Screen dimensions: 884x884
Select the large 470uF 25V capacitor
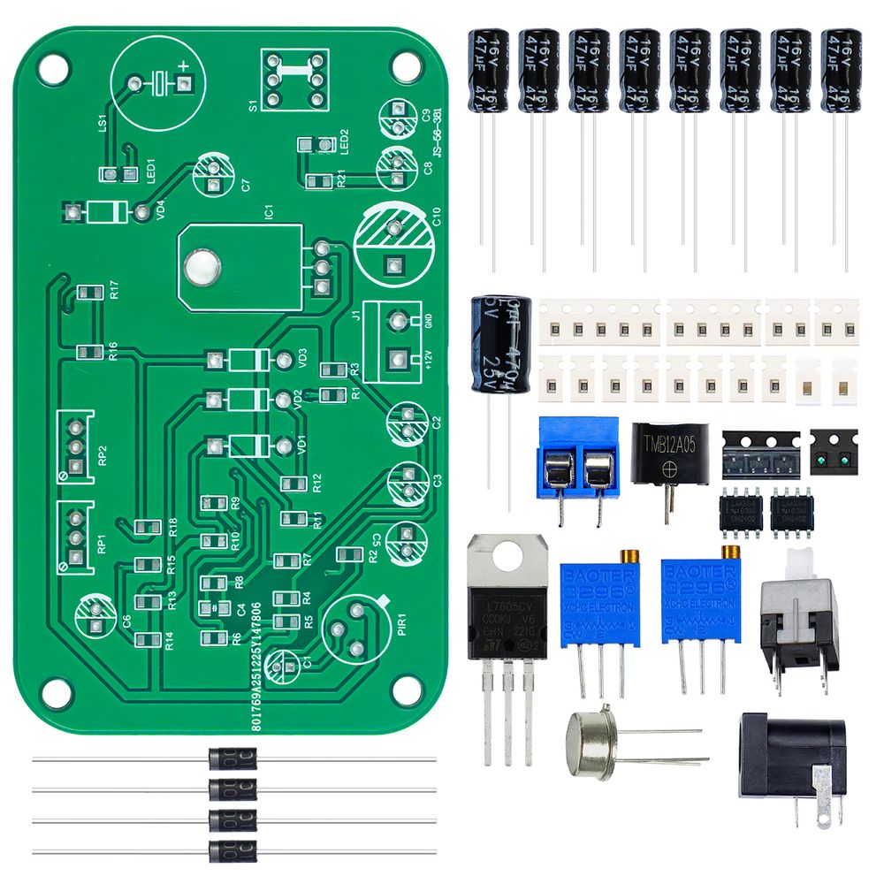point(501,347)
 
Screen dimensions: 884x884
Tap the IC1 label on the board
point(270,212)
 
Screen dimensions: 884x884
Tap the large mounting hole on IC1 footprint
point(202,267)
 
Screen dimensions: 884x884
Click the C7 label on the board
point(246,186)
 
